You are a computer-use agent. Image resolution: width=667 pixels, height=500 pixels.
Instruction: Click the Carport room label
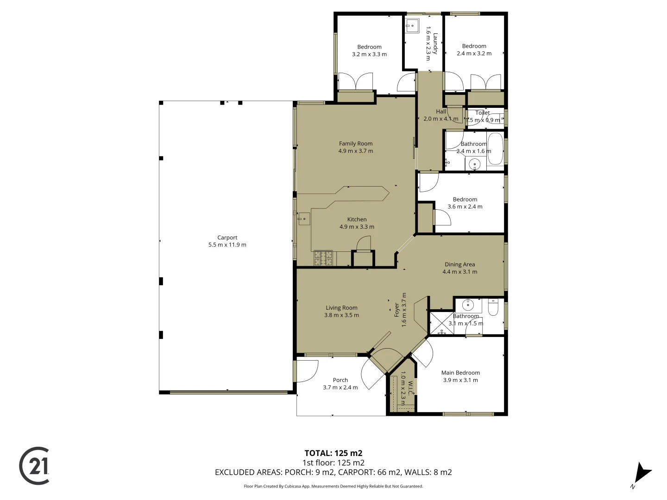227,237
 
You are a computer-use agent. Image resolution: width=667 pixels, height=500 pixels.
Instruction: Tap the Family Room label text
355,144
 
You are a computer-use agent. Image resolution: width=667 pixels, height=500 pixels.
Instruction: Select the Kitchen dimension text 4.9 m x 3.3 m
357,227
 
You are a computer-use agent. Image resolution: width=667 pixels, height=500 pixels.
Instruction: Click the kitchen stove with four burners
323,258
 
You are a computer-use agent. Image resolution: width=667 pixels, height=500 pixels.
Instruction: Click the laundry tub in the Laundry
412,25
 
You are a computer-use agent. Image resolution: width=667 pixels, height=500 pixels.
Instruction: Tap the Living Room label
341,307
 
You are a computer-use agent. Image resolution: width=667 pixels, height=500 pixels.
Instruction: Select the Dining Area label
459,264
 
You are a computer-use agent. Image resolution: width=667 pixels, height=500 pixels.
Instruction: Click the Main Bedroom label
460,373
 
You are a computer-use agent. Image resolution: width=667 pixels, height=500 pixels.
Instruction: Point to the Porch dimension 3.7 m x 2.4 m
340,387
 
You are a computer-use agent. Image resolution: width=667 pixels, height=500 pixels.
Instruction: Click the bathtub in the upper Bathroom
495,149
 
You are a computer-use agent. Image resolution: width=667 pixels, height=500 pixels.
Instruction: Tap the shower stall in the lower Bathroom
441,323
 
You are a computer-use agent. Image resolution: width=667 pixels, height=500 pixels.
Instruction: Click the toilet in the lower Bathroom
493,307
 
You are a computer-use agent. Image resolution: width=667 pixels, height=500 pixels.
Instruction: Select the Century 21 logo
35,466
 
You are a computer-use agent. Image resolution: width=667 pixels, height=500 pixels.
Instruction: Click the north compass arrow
642,473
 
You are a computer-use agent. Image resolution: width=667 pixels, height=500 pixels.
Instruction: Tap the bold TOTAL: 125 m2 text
333,453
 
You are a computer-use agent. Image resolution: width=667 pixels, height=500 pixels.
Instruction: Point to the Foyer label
396,310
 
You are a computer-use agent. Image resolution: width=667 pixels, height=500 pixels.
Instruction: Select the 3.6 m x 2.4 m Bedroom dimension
465,206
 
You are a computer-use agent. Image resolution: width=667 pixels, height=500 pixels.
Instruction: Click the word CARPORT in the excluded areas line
356,472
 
